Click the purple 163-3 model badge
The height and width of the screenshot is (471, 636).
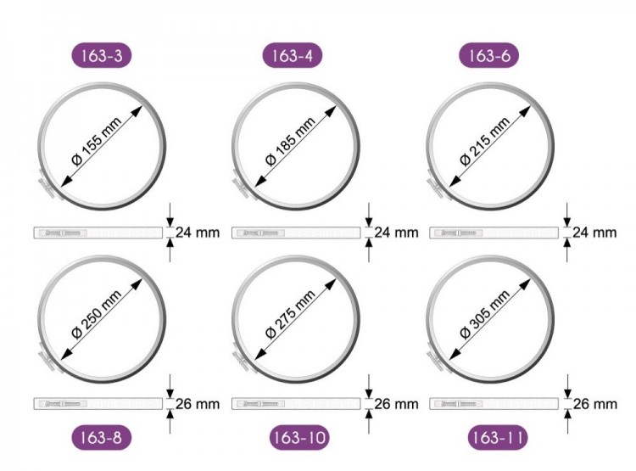click(x=102, y=55)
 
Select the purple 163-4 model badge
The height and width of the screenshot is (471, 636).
click(x=292, y=55)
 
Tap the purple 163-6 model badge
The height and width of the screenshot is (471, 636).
click(x=488, y=55)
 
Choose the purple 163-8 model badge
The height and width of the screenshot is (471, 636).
click(x=102, y=438)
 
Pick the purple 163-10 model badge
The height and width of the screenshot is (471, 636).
click(x=299, y=438)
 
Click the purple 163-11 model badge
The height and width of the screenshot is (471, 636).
click(x=498, y=438)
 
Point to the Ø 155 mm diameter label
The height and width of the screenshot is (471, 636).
click(x=97, y=141)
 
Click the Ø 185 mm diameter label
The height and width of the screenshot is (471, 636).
click(x=290, y=141)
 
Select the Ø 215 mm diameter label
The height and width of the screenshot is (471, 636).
click(x=485, y=141)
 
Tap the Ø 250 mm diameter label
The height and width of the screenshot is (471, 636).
click(x=97, y=314)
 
